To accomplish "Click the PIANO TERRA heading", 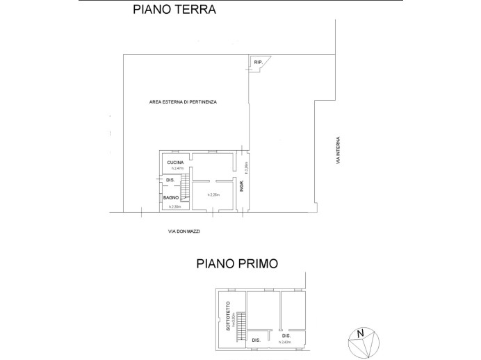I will click(x=174, y=10).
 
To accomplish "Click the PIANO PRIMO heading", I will click(x=237, y=264).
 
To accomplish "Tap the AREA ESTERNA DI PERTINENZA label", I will click(x=183, y=101).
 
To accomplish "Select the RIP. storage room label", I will click(x=258, y=63).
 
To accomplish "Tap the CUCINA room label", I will click(x=175, y=163).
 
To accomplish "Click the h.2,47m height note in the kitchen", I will click(x=176, y=169).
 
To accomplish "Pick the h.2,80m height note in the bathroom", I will click(x=174, y=206).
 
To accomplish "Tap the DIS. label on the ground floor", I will click(x=169, y=181).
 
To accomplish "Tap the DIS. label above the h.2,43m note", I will click(x=286, y=336).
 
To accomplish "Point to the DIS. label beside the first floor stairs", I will click(x=256, y=340).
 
